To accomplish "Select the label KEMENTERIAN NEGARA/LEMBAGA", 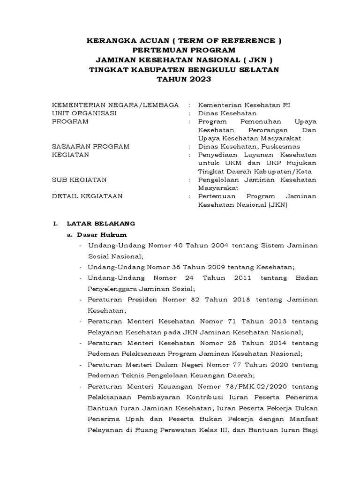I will point(115,105).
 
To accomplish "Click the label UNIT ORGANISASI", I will point(84,113).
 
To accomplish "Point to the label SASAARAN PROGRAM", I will point(90,146).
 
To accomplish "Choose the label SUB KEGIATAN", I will point(79,180).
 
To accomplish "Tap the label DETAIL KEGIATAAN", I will point(87,196).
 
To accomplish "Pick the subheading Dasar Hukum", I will point(102,234).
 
